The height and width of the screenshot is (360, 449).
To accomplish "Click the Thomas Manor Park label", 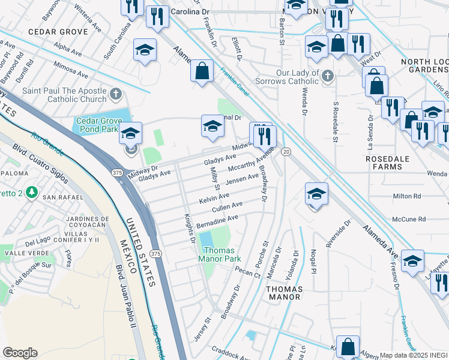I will (220, 254).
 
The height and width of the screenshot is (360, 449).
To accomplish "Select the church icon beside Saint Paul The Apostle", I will (116, 94).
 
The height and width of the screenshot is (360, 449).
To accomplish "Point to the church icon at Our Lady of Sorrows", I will (327, 76).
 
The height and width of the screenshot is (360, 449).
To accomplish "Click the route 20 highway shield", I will (286, 152).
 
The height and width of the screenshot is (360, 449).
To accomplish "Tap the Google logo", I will (20, 353).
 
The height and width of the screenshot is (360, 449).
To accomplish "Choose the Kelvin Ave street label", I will (214, 197).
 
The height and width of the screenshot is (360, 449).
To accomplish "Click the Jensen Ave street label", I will (243, 178).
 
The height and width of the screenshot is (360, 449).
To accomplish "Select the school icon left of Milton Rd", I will (316, 194).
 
